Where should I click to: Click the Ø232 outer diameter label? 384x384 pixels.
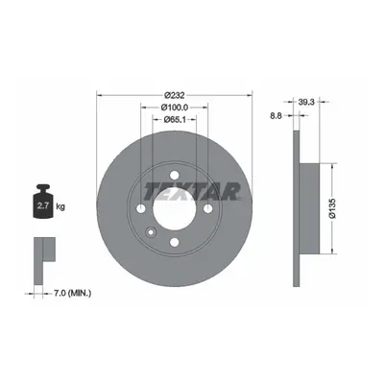coord(175,95)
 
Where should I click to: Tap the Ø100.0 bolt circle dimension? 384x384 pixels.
coord(175,108)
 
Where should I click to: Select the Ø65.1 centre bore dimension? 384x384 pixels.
coord(175,120)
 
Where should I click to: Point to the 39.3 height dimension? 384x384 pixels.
coord(306,102)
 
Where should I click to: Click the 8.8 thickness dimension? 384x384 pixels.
coord(276,116)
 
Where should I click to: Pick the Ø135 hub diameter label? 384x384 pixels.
coord(332,208)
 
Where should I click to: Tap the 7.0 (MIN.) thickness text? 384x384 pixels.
coord(71,293)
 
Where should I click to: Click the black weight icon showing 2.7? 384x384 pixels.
coord(43,202)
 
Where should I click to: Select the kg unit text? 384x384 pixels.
coord(60,206)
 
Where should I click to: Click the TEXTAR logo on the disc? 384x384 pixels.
coord(192,191)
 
